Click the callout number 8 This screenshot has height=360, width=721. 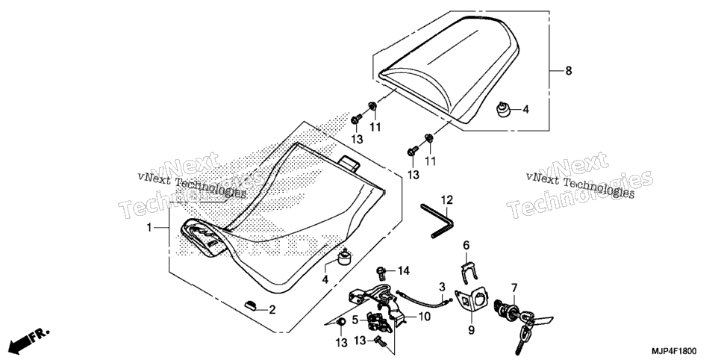pyautogui.click(x=569, y=71)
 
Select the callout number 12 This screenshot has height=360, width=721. pyautogui.click(x=447, y=200)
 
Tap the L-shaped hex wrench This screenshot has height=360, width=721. pyautogui.click(x=437, y=221)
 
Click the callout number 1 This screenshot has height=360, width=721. pyautogui.click(x=149, y=227)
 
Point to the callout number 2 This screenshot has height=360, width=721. pyautogui.click(x=272, y=310)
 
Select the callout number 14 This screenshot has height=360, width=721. pyautogui.click(x=403, y=271)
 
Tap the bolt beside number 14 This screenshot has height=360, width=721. pyautogui.click(x=381, y=273)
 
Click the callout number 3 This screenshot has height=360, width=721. pyautogui.click(x=441, y=286)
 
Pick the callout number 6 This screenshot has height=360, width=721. pyautogui.click(x=466, y=246)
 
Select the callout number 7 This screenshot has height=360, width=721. pyautogui.click(x=514, y=288)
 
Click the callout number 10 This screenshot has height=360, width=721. pyautogui.click(x=424, y=317)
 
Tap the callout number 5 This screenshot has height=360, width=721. pyautogui.click(x=355, y=319)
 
